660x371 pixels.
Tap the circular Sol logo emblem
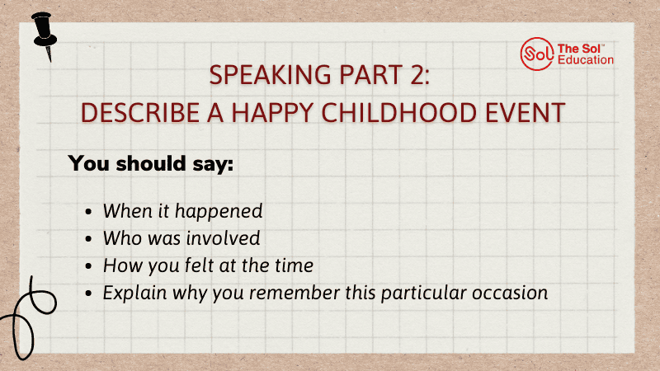(x=537, y=54)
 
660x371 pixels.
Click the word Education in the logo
(x=586, y=59)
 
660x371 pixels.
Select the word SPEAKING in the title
(x=271, y=75)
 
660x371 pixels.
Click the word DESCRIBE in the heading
(x=139, y=113)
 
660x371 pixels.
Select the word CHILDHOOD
(x=399, y=113)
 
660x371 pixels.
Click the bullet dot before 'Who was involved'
(x=88, y=239)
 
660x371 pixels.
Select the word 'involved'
(x=223, y=238)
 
